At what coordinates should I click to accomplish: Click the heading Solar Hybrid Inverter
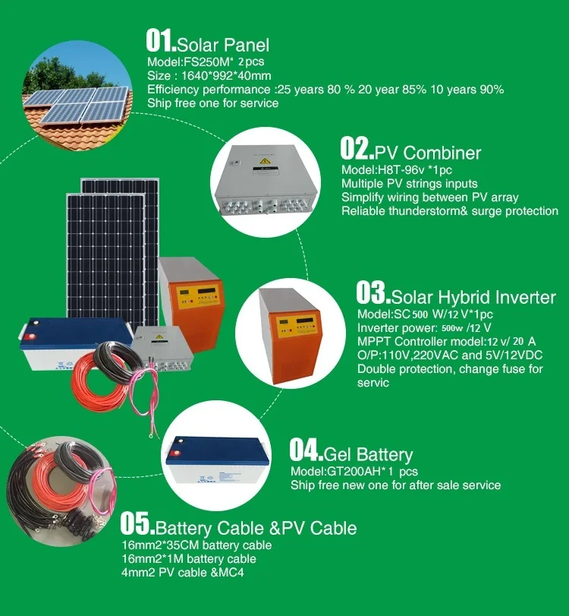473,297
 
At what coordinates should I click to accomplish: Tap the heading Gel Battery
368,455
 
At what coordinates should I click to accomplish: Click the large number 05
137,525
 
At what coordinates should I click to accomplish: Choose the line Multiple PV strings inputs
409,184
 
